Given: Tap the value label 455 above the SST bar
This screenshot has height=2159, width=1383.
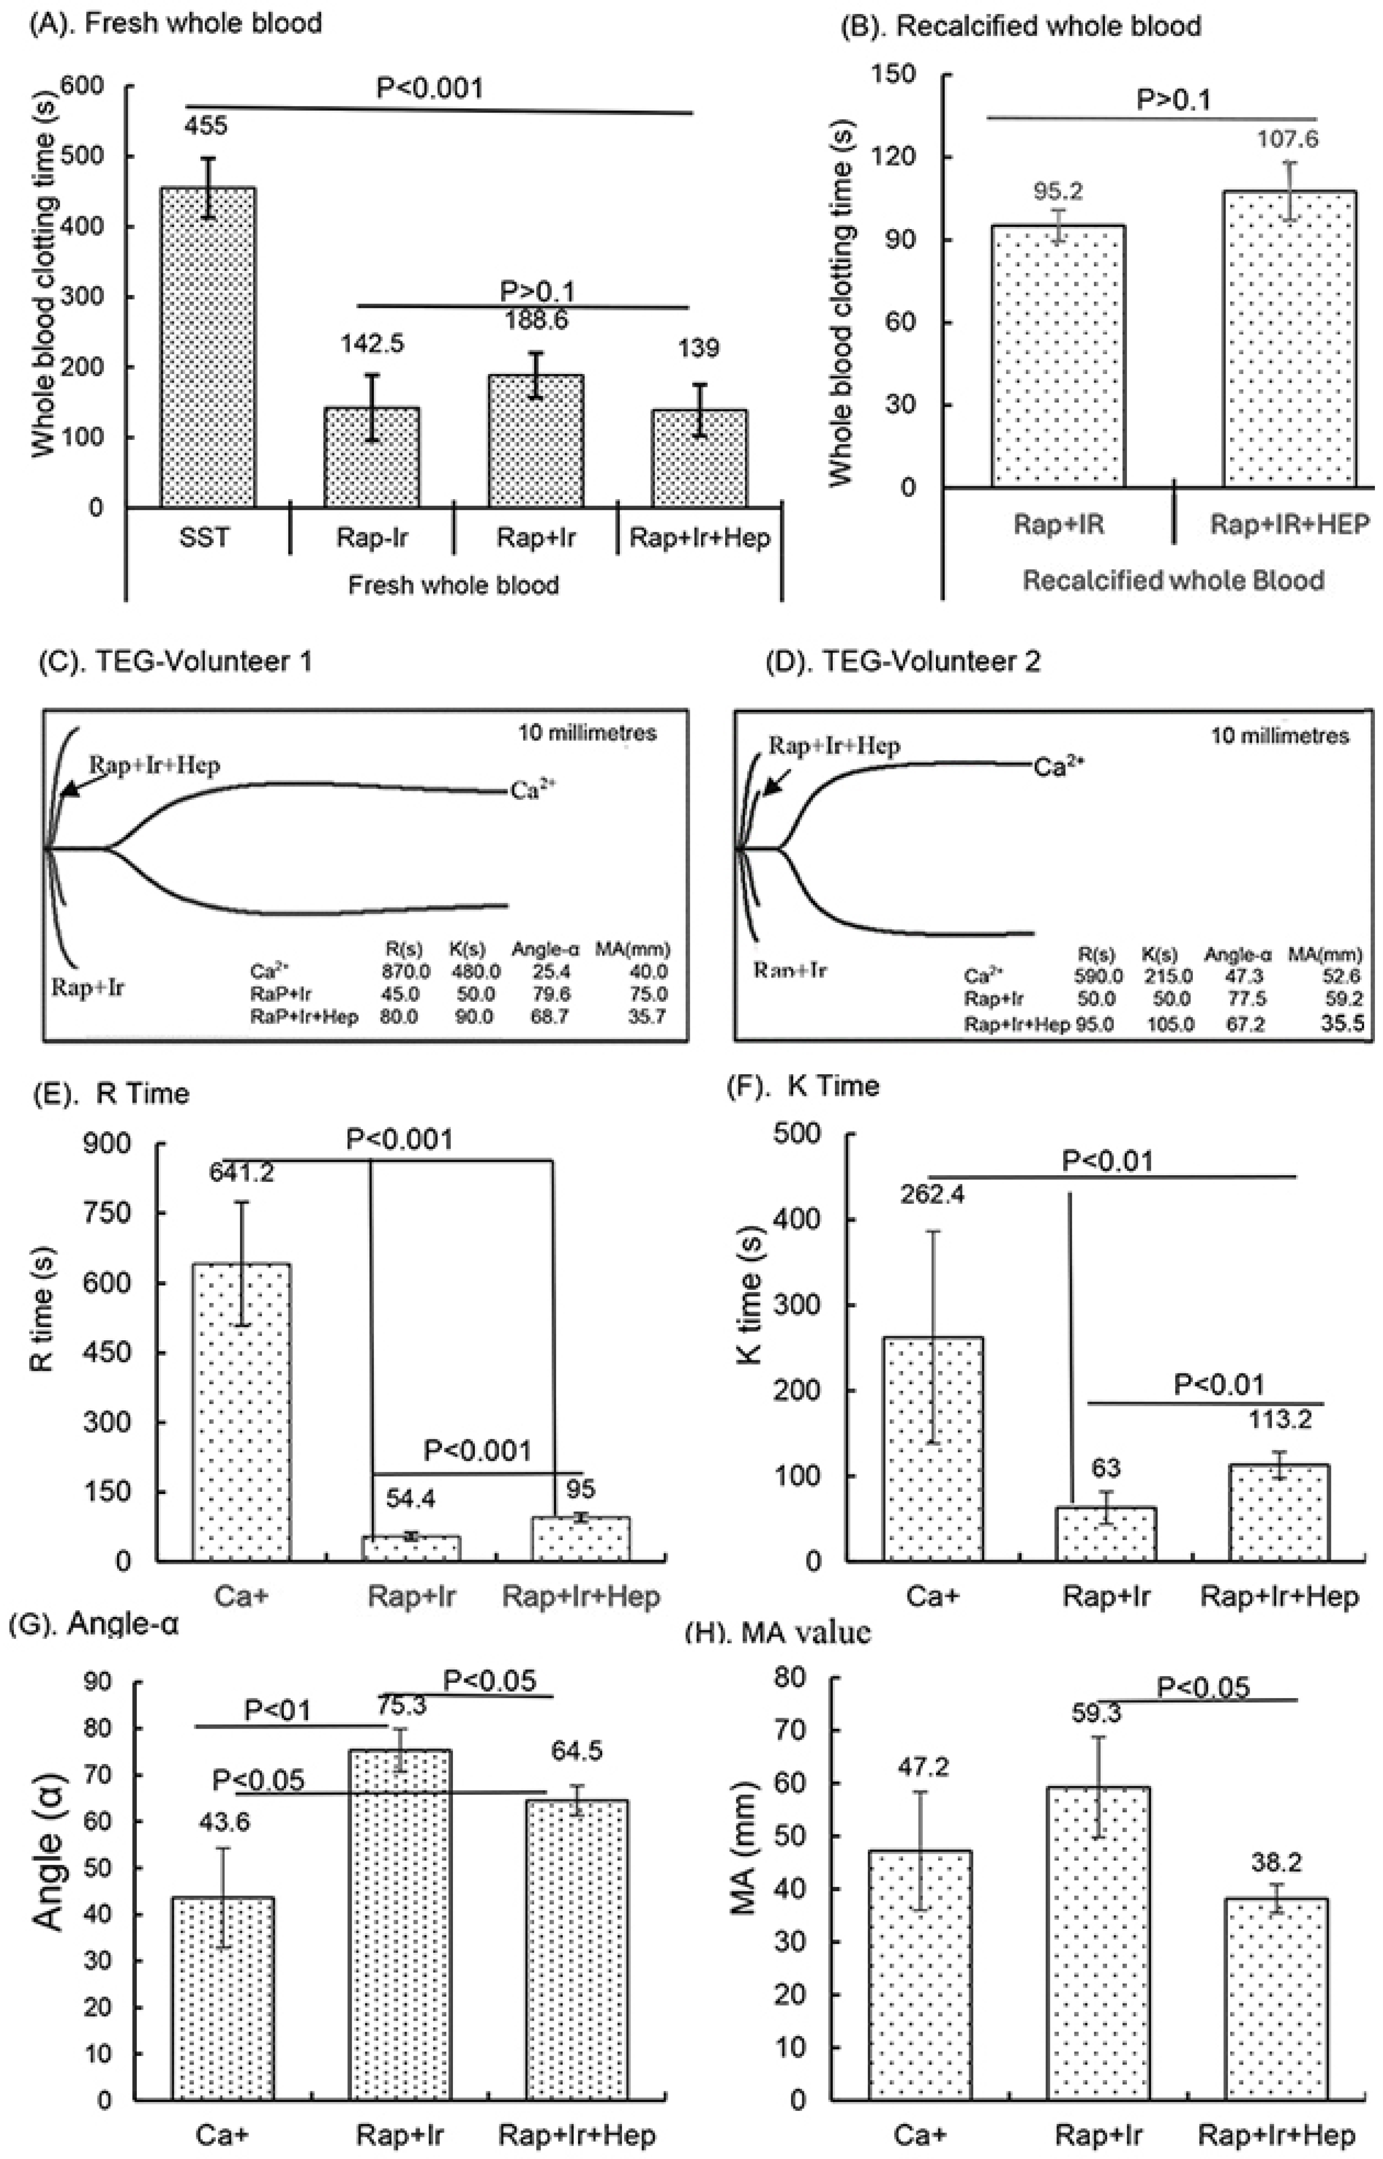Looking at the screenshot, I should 207,125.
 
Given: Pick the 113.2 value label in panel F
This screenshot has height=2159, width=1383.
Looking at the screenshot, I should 1279,1419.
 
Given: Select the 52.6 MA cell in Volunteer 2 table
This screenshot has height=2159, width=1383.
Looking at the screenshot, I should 1342,976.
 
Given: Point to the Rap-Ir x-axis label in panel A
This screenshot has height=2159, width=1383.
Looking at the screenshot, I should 372,538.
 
